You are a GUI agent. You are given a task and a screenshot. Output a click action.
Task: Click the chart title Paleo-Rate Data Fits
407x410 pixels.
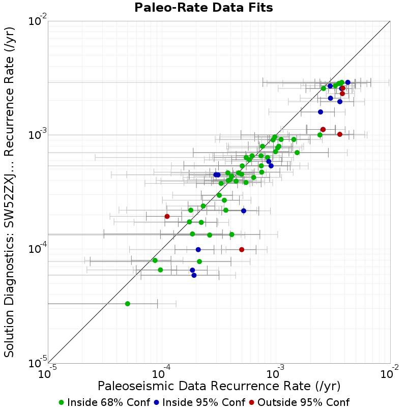tap(203, 7)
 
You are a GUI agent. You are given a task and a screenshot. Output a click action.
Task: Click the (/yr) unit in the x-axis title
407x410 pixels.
tap(328, 386)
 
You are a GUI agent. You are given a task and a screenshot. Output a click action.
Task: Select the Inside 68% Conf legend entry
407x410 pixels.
tap(104, 402)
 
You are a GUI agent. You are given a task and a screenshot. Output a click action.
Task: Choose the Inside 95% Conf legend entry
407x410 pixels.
tap(199, 402)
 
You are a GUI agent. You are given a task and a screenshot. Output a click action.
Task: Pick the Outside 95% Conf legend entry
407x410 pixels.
tap(299, 402)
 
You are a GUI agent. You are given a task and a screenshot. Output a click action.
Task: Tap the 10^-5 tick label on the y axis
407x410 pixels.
tap(38, 363)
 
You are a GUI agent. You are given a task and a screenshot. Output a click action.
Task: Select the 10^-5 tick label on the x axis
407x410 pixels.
tap(47, 372)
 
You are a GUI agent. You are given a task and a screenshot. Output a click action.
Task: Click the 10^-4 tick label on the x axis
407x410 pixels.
tap(161, 372)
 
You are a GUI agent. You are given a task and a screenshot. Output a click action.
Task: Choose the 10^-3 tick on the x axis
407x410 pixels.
tap(275, 372)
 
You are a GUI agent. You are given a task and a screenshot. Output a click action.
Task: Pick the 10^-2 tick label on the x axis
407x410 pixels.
tap(390, 372)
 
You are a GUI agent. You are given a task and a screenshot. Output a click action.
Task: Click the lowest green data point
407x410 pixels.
tap(128, 304)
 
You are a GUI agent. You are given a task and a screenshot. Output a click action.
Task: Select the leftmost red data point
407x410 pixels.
tap(167, 217)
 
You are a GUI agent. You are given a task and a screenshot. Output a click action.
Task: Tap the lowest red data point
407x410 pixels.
tap(242, 250)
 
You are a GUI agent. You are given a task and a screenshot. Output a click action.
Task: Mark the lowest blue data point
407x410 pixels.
tap(194, 275)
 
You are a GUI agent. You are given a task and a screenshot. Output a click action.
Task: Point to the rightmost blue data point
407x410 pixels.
tap(347, 82)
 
